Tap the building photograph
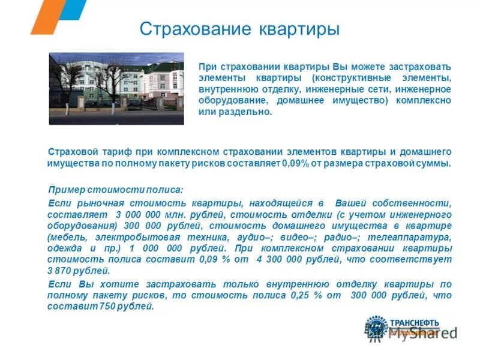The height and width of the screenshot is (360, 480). (x=116, y=88)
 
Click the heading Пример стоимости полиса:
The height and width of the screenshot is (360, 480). (x=116, y=190)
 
